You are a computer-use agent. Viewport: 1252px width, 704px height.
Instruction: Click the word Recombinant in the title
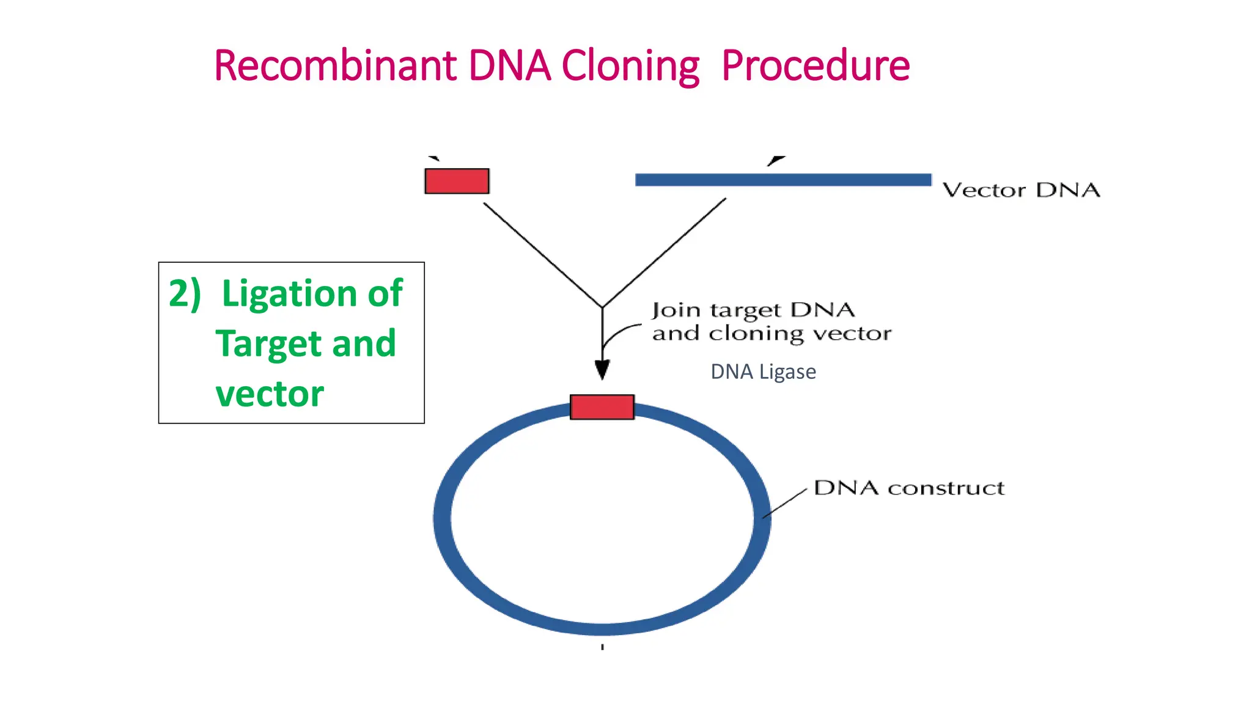pos(335,65)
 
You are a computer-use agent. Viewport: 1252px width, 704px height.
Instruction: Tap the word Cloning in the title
pos(630,65)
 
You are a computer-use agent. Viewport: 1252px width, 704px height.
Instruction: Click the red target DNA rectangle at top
pos(457,181)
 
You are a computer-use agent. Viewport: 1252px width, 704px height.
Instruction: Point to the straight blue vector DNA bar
pos(782,180)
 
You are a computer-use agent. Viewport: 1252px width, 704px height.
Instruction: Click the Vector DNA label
pos(1020,190)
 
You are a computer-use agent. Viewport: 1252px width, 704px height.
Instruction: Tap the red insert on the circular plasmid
pos(602,407)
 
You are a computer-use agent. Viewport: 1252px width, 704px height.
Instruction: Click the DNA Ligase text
pos(763,372)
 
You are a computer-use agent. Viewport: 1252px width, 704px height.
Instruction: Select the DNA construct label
pos(909,488)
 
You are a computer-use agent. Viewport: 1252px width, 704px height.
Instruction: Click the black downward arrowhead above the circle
pos(602,369)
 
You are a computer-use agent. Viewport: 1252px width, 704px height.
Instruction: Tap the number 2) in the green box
pos(185,293)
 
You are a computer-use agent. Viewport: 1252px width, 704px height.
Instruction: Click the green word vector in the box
pos(270,394)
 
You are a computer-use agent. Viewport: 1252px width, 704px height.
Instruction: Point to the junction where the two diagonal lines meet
pos(602,307)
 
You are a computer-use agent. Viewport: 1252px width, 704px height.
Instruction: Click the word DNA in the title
pos(509,65)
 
